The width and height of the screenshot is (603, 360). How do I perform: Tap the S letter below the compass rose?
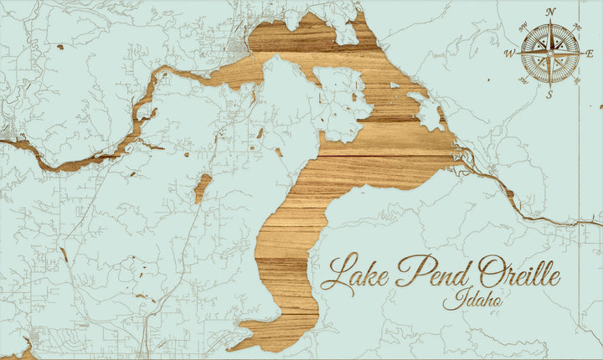pyautogui.click(x=550, y=94)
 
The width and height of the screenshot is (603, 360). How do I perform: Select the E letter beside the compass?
pyautogui.click(x=590, y=54)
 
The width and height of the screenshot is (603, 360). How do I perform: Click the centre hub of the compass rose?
pyautogui.click(x=550, y=54)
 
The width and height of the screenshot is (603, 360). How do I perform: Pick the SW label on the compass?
pyautogui.click(x=523, y=80)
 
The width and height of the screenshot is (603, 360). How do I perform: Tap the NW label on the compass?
pyautogui.click(x=523, y=27)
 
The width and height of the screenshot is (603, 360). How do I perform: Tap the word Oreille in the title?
pyautogui.click(x=519, y=273)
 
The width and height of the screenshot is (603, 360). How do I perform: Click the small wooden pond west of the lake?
pyautogui.click(x=202, y=188)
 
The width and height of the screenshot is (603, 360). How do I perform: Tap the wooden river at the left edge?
pyautogui.click(x=17, y=146)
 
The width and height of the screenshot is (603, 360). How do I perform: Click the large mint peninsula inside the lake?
pyautogui.click(x=285, y=109)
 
